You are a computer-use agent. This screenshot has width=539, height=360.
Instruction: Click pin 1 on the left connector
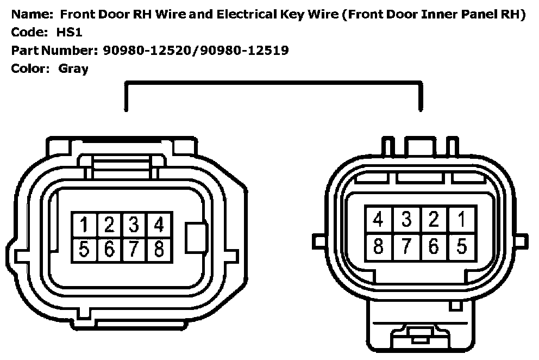(84, 224)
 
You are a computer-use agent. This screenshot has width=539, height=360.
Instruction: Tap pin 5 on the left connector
(84, 249)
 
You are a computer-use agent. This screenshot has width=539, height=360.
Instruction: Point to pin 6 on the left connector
(109, 249)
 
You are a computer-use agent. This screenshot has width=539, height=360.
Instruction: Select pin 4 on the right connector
(379, 219)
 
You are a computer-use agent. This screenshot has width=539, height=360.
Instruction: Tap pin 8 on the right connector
(379, 246)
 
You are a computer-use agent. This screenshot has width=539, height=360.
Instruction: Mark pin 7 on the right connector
(406, 246)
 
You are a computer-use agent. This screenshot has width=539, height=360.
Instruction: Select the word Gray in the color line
(73, 69)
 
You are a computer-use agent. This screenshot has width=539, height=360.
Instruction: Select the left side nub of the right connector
(319, 240)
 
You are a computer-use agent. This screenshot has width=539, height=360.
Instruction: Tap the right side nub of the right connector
(521, 240)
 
